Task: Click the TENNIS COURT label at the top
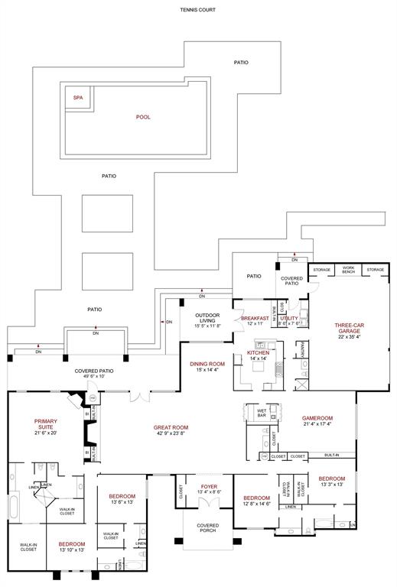[x=198, y=10]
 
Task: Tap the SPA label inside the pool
[x=77, y=98]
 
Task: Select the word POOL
[x=143, y=117]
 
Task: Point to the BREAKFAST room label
[x=255, y=318]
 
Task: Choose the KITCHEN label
[x=258, y=352]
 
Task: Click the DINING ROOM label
[x=207, y=364]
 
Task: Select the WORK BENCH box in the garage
[x=348, y=270]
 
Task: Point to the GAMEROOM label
[x=317, y=418]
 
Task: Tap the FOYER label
[x=209, y=486]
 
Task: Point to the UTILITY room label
[x=289, y=318]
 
